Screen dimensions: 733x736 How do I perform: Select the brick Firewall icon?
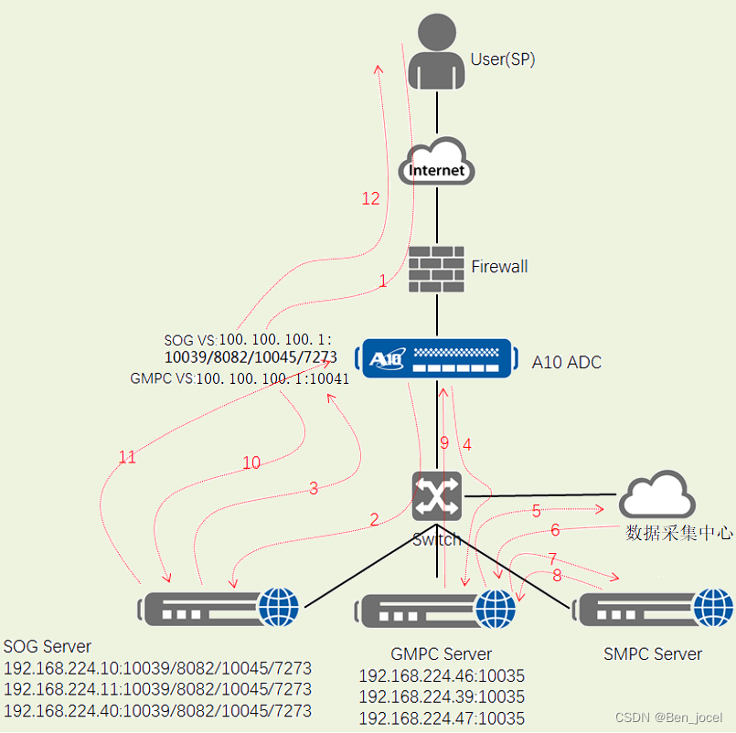(x=436, y=269)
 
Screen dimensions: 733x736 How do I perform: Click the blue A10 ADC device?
(x=436, y=358)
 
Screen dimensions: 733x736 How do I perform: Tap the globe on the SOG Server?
(x=279, y=606)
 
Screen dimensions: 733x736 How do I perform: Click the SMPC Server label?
(x=653, y=653)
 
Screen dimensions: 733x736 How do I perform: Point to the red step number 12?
(x=370, y=198)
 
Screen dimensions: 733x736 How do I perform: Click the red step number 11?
(x=127, y=457)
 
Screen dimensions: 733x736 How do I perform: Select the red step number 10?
(x=251, y=463)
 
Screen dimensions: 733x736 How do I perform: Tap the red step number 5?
(x=536, y=510)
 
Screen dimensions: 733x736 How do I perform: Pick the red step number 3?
(x=314, y=488)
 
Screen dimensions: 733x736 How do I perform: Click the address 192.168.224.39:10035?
(x=442, y=697)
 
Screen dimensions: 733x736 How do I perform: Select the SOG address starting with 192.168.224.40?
(x=157, y=710)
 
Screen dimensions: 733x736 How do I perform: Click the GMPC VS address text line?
(x=240, y=378)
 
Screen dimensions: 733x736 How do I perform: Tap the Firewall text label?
(x=499, y=267)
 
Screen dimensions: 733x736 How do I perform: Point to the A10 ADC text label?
(x=567, y=362)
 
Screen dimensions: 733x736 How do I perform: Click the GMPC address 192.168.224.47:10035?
(x=442, y=718)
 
